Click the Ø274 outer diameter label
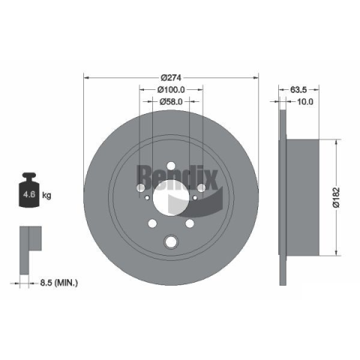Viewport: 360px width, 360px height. [x=171, y=78]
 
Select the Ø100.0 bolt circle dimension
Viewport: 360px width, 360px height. [x=171, y=89]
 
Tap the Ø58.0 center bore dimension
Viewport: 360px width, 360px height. [x=171, y=101]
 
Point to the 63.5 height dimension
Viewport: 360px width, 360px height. [x=298, y=89]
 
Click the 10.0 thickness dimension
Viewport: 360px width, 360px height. [x=304, y=101]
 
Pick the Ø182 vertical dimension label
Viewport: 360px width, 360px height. [x=337, y=197]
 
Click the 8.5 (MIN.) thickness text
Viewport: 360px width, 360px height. [x=59, y=283]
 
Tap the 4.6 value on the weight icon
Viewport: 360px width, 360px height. [x=29, y=194]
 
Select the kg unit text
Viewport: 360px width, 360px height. [x=46, y=195]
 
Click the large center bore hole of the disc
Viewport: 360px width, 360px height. [x=171, y=197]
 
